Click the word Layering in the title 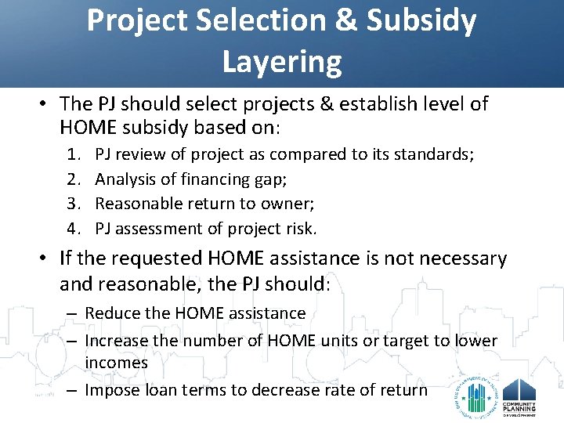pyautogui.click(x=282, y=61)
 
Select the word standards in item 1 pyautogui.click(x=434, y=154)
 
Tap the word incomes pyautogui.click(x=116, y=363)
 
